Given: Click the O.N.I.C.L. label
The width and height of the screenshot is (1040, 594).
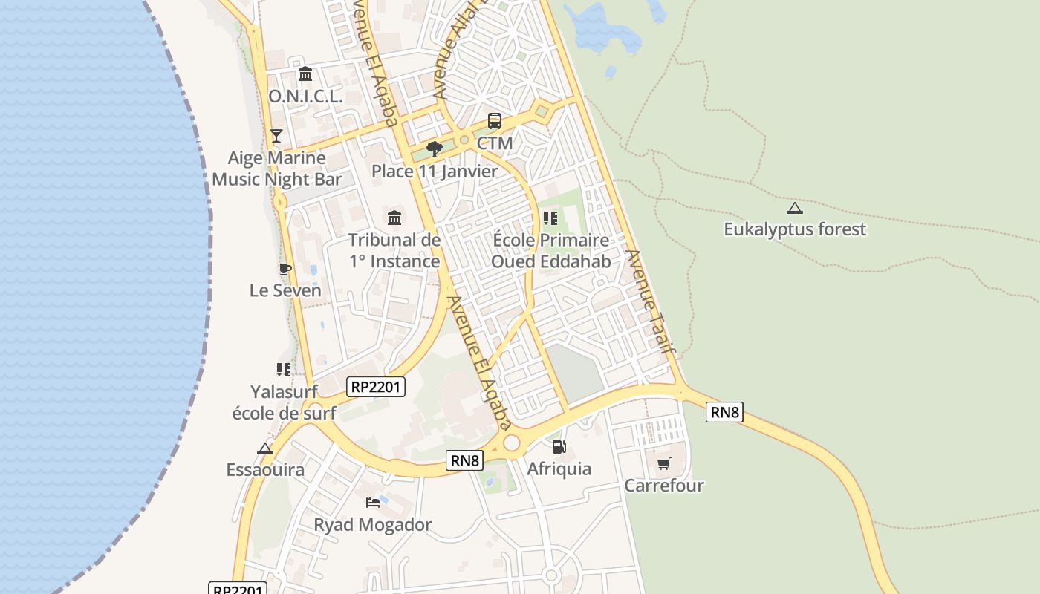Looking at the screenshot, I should pos(305,97).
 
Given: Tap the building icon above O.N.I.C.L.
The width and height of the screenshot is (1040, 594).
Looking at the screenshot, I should pos(305,74).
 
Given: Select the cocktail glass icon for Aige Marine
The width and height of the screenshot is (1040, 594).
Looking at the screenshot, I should pos(276,135).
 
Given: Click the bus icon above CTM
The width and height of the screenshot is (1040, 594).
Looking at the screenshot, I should pos(495,120).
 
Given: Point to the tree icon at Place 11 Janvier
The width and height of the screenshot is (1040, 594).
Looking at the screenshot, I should pos(435,149).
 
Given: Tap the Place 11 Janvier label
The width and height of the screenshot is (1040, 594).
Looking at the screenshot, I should pos(435,172).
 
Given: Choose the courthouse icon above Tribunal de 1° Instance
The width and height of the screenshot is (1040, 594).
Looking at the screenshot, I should pos(394,218).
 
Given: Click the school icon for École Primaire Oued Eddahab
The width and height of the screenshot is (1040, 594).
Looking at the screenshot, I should pos(550,218).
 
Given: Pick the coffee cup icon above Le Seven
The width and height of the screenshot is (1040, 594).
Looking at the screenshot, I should pos(285,268).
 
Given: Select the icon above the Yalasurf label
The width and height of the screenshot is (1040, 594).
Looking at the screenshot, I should pos(284,369).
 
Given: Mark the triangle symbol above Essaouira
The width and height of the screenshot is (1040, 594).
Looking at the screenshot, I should pos(265,448).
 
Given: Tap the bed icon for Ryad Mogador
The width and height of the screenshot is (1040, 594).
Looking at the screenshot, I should pos(373,503).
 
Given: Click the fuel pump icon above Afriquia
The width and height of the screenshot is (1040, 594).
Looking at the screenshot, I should pos(559,446).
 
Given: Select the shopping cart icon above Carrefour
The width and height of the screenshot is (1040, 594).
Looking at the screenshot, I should pos(664,463).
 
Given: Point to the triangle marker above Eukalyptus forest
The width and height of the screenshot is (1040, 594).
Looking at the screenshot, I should pos(795,208).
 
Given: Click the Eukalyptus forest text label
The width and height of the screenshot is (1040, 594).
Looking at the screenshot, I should pos(795,229).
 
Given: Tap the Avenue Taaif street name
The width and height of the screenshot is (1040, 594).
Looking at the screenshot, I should pos(650,301).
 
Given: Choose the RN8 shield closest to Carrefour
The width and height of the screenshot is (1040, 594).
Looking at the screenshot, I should pos(724,412).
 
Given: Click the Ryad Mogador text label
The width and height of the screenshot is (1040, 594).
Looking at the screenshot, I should pos(373,525).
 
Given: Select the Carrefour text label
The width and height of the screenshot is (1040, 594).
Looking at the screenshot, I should pos(664,486).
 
